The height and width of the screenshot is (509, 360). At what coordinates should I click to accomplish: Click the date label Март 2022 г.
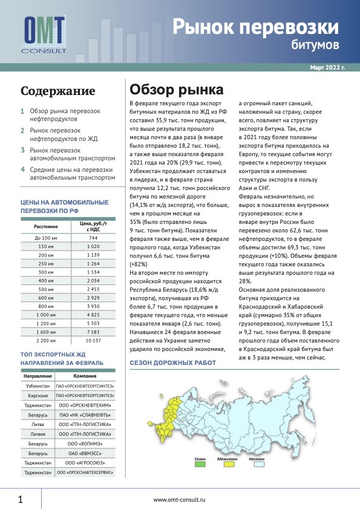pyautogui.click(x=327, y=68)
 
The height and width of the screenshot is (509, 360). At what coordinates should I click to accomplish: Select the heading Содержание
pyautogui.click(x=57, y=91)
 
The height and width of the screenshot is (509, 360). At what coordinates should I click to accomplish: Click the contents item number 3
pyautogui.click(x=22, y=150)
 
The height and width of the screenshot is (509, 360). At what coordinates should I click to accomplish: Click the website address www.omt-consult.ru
pyautogui.click(x=180, y=499)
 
